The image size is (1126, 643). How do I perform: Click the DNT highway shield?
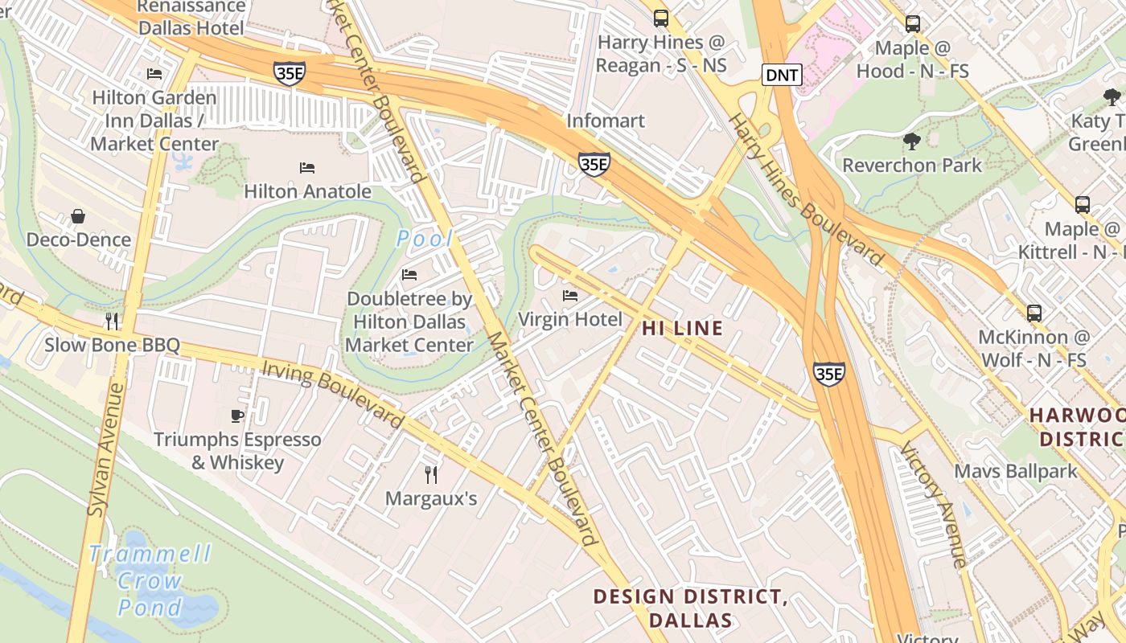point(782,76)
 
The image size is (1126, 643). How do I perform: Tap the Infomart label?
point(606,121)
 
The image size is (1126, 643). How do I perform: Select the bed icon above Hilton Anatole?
point(307,168)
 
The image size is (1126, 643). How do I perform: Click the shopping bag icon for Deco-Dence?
point(78,216)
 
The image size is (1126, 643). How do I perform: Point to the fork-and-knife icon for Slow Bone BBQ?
point(112,321)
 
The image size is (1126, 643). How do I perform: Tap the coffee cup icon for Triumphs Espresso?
point(237,416)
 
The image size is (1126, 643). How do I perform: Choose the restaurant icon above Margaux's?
point(431,474)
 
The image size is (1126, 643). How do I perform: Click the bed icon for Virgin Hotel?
point(570,296)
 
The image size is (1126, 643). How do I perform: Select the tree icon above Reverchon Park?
point(911,141)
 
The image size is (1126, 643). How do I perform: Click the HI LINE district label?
point(682,328)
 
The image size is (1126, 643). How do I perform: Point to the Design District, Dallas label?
point(690,608)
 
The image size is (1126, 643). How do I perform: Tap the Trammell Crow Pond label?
point(150,580)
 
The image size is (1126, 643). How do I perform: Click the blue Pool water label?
point(425,239)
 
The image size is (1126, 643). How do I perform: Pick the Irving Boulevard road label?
point(333,394)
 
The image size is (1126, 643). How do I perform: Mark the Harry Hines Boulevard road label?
point(805,190)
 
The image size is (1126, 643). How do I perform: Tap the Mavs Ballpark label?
point(1016,471)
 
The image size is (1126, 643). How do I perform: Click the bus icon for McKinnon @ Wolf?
point(1034,313)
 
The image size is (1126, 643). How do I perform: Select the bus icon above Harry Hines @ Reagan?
point(661,18)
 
